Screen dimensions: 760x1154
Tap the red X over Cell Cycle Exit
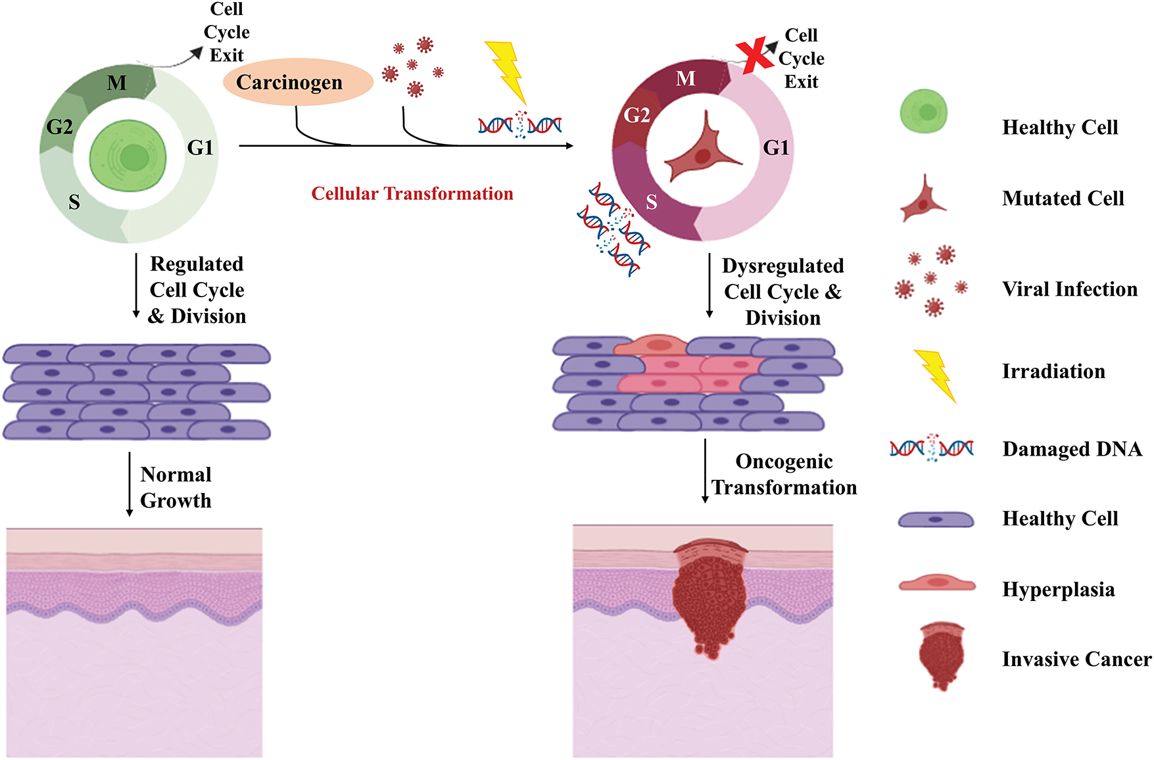pos(754,55)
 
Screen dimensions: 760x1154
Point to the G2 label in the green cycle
pos(59,126)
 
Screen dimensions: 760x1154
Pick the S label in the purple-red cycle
pos(651,202)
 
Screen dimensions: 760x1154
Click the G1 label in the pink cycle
pos(776,148)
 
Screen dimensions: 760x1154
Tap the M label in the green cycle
pos(116,83)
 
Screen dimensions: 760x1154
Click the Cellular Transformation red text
pos(412,194)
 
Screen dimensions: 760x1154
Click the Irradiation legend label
pos(1053,371)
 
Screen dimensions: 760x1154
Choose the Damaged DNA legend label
pos(1072,449)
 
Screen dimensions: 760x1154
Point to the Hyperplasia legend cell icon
pos(936,583)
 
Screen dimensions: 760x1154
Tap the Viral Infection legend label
pos(1070,289)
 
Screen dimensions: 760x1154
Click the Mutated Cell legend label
pos(1063,199)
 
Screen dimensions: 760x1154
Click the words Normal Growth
pos(176,487)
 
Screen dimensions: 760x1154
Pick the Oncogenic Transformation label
pos(784,475)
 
